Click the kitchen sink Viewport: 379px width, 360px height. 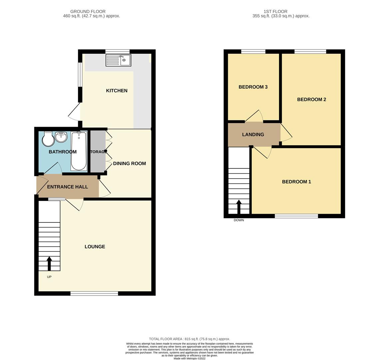[x=118, y=60]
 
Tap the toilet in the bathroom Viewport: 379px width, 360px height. [x=48, y=139]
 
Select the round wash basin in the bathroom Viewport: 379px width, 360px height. [x=61, y=136]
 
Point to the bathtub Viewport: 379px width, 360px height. [x=79, y=151]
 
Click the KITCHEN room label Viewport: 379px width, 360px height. [x=117, y=90]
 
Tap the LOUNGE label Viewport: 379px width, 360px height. [x=95, y=247]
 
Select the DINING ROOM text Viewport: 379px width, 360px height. [x=130, y=164]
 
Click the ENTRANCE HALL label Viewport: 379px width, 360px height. [x=67, y=187]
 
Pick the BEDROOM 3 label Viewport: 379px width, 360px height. [x=253, y=87]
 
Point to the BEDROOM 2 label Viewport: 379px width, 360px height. [x=312, y=99]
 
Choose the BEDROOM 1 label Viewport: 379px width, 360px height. [x=297, y=182]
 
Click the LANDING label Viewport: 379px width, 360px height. [x=253, y=135]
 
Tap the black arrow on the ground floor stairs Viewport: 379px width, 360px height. [x=49, y=263]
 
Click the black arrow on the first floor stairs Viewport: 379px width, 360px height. [x=239, y=207]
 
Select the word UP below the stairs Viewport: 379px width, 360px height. [x=49, y=277]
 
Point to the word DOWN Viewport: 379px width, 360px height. [x=239, y=220]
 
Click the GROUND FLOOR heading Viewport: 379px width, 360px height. [x=88, y=11]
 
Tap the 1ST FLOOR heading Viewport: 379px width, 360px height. [x=275, y=11]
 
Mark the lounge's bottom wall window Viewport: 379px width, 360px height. [x=94, y=293]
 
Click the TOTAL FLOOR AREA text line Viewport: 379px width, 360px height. [x=189, y=339]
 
